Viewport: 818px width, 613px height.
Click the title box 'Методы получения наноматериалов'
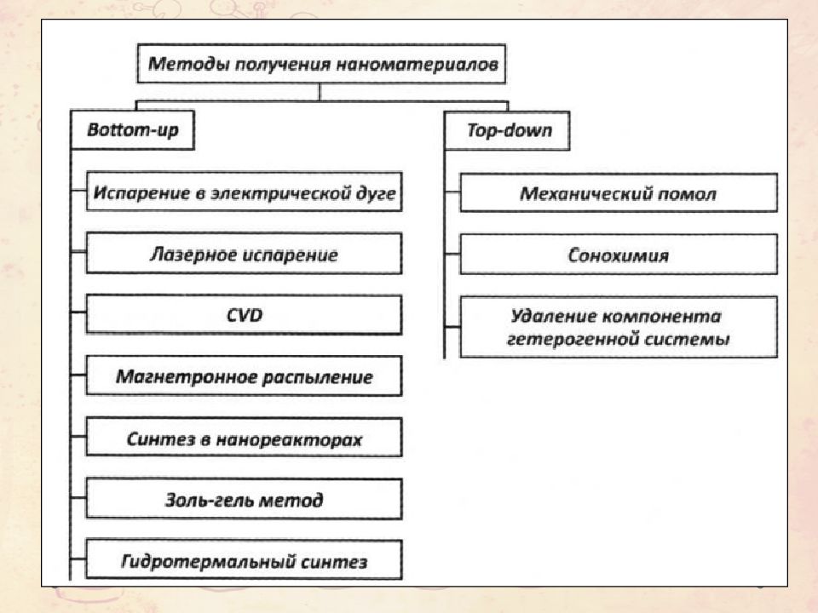tap(321, 64)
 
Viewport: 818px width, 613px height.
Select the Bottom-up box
tap(133, 129)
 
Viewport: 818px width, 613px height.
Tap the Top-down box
tap(506, 130)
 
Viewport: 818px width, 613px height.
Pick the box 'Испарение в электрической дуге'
tap(245, 192)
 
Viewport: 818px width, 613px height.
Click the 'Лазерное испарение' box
tap(245, 254)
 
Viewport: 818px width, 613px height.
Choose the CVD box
tap(245, 315)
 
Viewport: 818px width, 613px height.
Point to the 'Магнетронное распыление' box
tap(245, 376)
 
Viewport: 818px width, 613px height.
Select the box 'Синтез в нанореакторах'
tap(245, 438)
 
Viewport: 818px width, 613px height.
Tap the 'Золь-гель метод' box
tap(245, 500)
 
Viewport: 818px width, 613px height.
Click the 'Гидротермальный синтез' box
tap(245, 560)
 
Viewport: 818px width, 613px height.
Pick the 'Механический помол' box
tap(619, 193)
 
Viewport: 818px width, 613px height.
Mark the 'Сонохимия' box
tap(619, 255)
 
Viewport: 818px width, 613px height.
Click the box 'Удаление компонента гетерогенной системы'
tap(619, 327)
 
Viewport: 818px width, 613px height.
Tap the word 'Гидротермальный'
tap(206, 562)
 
